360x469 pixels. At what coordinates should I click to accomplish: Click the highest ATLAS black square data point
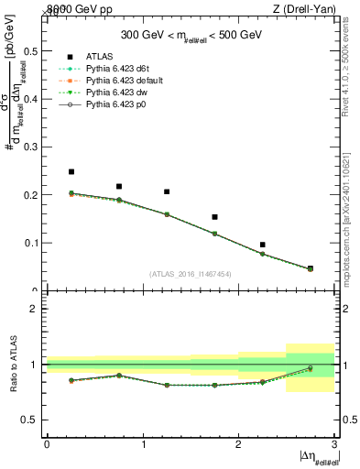[x=71, y=171]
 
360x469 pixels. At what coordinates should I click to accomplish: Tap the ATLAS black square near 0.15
[x=214, y=217]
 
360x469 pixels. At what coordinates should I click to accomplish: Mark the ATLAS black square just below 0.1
[x=262, y=245]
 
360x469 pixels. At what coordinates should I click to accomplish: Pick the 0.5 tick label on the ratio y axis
[x=34, y=420]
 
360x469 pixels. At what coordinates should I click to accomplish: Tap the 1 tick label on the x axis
[x=143, y=443]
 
